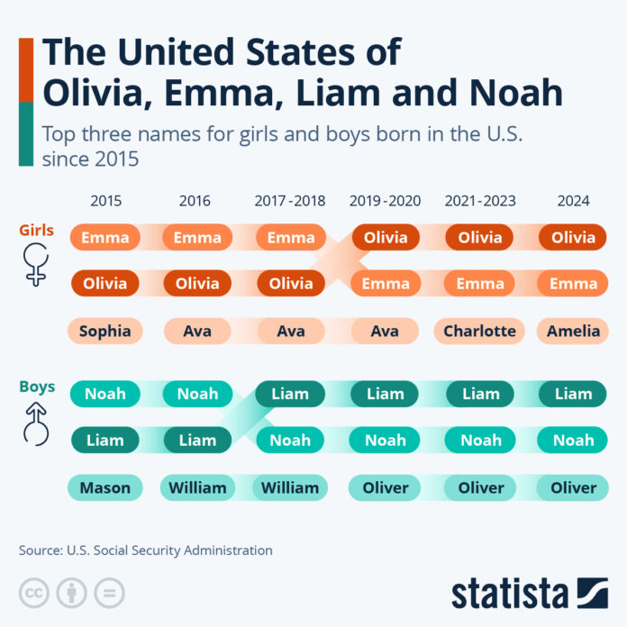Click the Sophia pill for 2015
105,331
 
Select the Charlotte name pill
480,331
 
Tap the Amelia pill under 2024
573,331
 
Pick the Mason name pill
105,487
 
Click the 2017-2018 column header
291,201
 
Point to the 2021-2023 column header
480,201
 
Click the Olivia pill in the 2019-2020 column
386,238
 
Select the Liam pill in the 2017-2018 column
291,394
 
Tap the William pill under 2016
197,487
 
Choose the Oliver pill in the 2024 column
573,487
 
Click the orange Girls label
37,230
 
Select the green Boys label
37,386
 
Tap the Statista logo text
509,593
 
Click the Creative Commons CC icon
34,592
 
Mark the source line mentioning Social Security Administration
145,550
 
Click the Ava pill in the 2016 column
197,331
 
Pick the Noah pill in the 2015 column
105,394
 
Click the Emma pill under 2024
573,284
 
